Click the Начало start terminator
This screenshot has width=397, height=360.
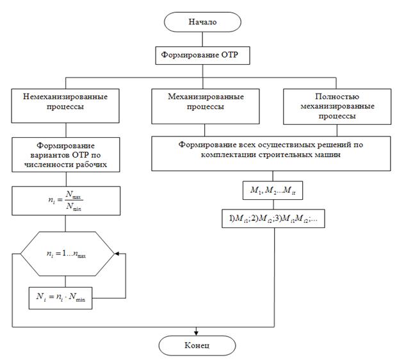(202, 22)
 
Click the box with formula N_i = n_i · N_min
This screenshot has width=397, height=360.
(60, 297)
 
